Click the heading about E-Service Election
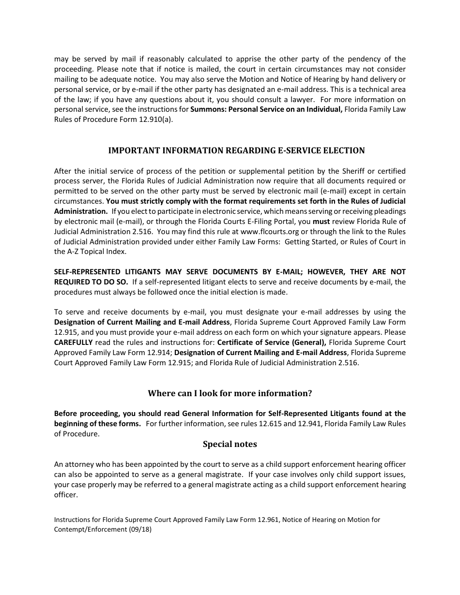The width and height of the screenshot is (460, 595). [236, 150]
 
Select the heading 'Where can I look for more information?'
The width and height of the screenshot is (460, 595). [230, 393]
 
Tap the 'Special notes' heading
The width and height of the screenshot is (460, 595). [230, 444]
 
